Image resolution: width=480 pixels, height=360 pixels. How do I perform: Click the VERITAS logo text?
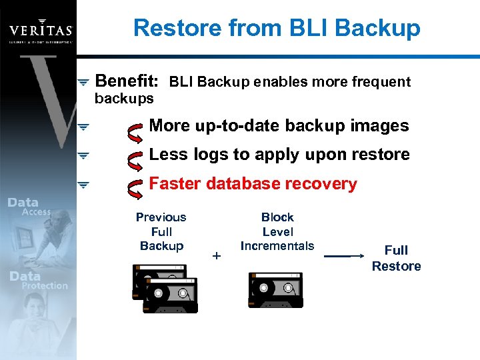coord(40,31)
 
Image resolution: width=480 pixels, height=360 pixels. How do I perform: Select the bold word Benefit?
coord(127,81)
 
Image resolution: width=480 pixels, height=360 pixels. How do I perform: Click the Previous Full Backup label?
coord(161,231)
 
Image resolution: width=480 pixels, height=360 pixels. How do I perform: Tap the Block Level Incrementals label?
coord(277,231)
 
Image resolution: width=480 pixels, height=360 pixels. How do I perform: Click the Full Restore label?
coord(396,258)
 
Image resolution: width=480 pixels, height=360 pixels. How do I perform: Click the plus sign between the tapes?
coord(215,255)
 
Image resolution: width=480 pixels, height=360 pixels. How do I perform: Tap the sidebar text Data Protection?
coord(38,281)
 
